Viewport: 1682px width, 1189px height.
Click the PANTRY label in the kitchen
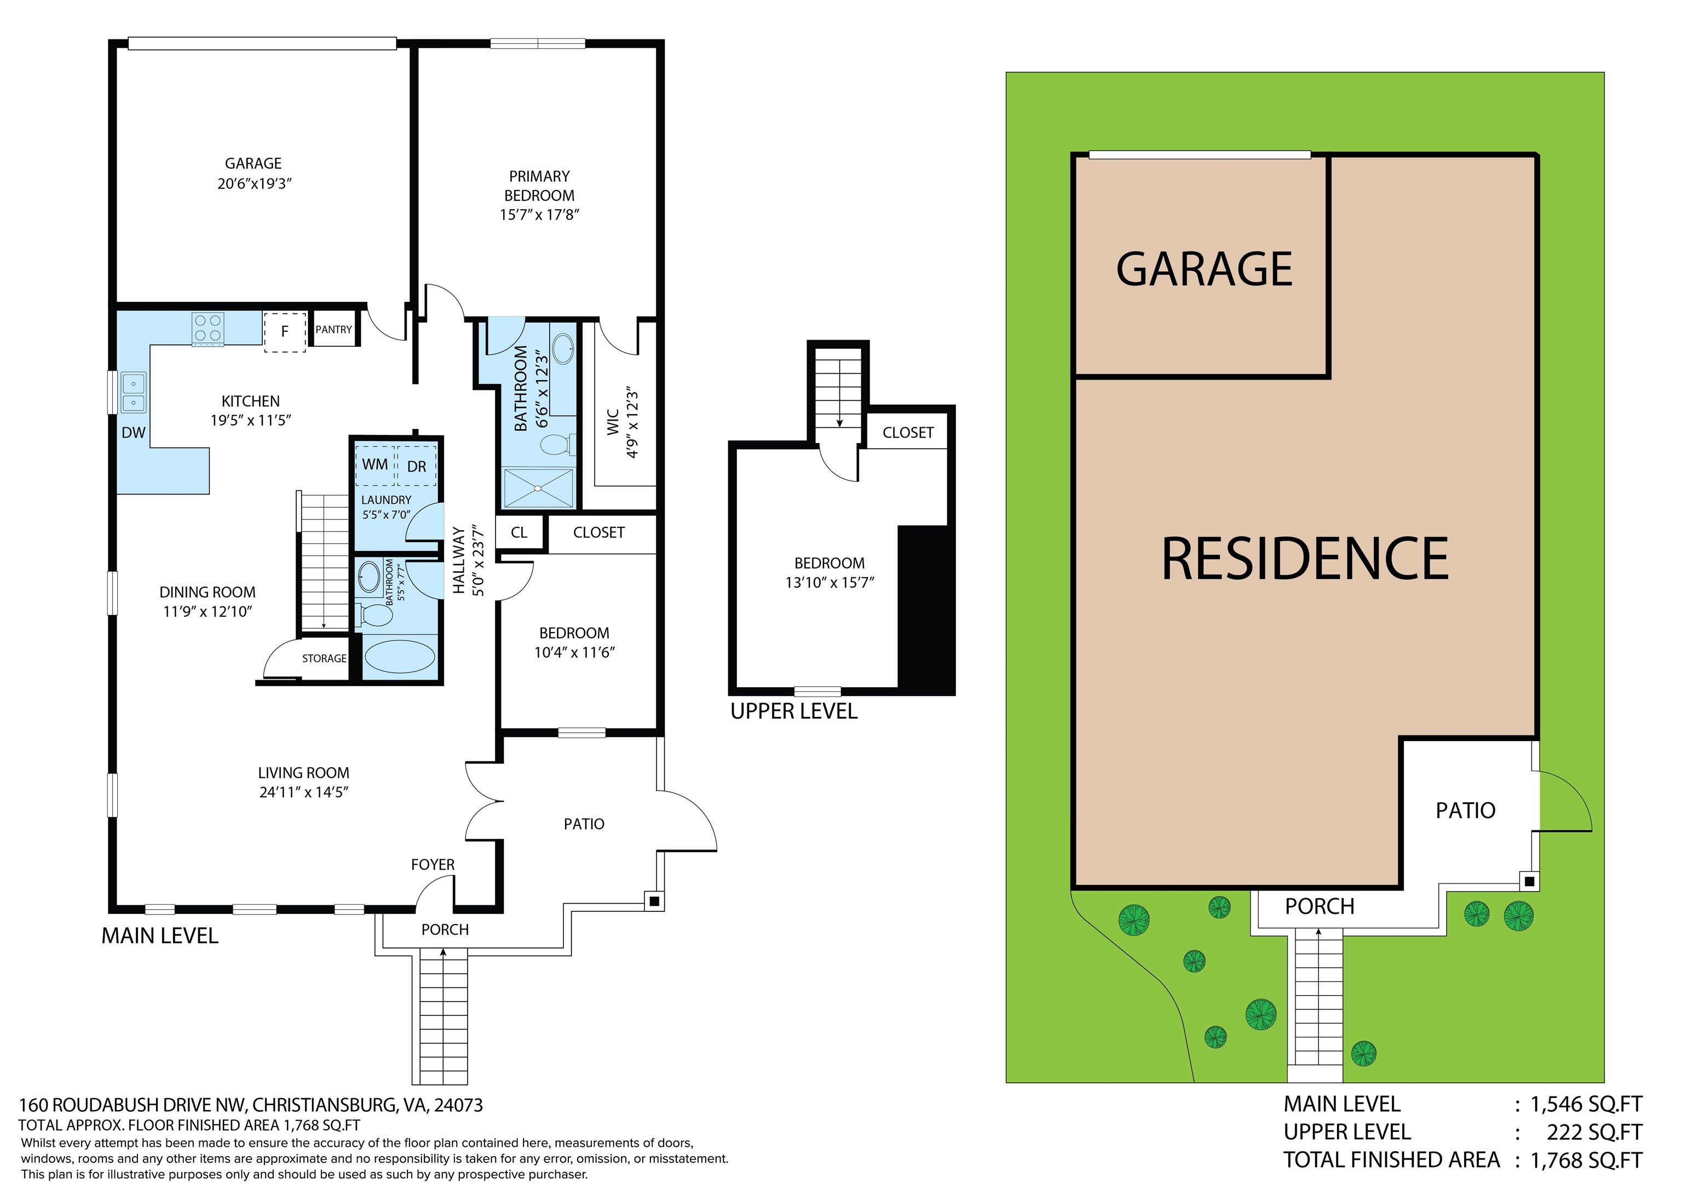[333, 330]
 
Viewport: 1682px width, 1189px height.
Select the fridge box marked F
[285, 332]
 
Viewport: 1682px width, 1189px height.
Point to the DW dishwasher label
[134, 433]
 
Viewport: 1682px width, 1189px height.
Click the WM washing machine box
[375, 464]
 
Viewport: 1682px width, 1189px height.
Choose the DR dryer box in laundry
[417, 466]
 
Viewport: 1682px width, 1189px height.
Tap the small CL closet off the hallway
[519, 532]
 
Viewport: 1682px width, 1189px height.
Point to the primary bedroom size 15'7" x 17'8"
[539, 215]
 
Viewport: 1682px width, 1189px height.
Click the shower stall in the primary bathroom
[538, 487]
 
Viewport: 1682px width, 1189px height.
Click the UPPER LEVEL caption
[793, 711]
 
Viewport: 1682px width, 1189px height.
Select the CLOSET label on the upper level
[908, 433]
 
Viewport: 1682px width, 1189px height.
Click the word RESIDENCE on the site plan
[1305, 559]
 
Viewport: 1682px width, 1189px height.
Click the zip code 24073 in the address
[459, 1105]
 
